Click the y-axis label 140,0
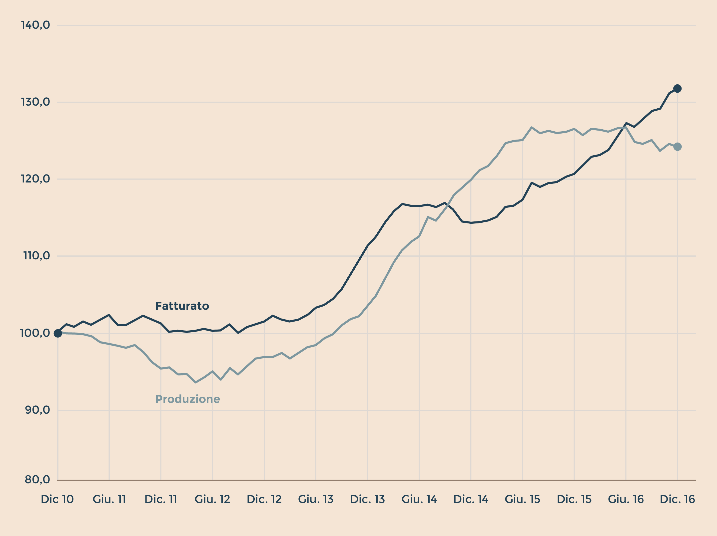[36, 25]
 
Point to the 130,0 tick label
[36, 102]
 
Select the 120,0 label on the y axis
[36, 179]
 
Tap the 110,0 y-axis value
[37, 256]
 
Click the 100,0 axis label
[35, 333]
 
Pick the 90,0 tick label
[37, 410]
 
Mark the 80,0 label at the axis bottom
[37, 480]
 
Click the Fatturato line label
[182, 306]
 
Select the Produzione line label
[188, 399]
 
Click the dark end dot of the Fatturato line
[677, 88]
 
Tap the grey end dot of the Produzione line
[677, 147]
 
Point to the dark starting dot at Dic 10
[58, 333]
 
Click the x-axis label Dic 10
[57, 499]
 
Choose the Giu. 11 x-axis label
[109, 499]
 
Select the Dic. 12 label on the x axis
[264, 499]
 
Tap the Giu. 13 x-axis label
[316, 499]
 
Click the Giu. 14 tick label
[419, 499]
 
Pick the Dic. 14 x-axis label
[471, 499]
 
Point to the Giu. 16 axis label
[626, 499]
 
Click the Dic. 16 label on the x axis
[677, 499]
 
